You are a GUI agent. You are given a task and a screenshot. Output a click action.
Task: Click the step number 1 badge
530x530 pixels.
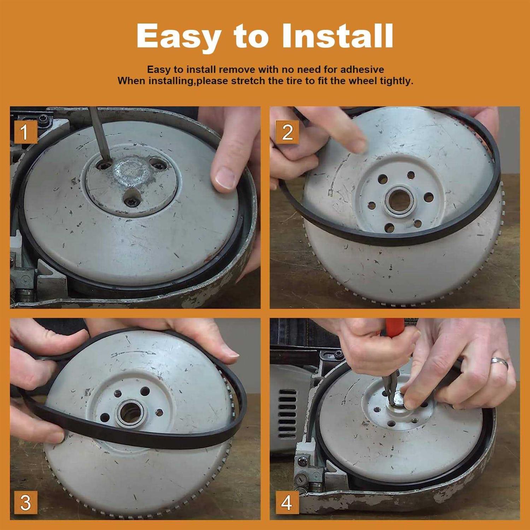[x=24, y=132]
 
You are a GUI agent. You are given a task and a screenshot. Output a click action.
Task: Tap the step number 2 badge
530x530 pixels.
[x=287, y=132]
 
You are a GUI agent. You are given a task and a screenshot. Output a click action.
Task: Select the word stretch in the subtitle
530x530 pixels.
[x=248, y=81]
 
